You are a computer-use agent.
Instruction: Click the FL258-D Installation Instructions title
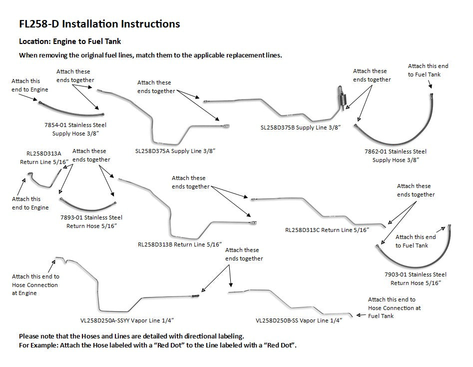(x=99, y=23)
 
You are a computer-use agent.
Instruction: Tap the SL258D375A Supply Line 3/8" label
(x=178, y=150)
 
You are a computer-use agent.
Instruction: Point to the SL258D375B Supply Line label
(x=301, y=127)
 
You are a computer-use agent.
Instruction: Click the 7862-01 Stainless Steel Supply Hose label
(x=396, y=155)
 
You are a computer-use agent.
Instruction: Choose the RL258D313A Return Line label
(x=40, y=158)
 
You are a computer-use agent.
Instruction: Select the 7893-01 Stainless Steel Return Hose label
(x=91, y=221)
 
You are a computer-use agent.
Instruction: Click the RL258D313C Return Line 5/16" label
(x=327, y=230)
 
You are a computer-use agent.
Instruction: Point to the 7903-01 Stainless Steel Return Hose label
(x=416, y=278)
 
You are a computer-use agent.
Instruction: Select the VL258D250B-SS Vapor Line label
(x=299, y=320)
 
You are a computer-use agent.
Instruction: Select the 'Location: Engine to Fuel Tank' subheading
(x=69, y=41)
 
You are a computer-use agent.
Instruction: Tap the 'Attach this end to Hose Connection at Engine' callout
(x=35, y=284)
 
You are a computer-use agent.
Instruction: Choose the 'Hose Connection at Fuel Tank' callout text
(x=394, y=307)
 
